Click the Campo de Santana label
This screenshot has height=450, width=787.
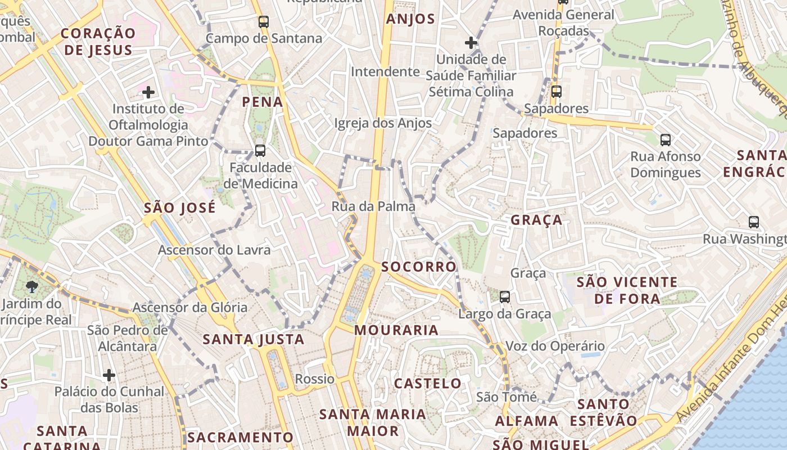pos(264,38)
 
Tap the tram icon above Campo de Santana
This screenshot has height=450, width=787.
pos(264,22)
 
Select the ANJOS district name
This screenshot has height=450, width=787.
pos(410,19)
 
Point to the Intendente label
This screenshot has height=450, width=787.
pos(385,71)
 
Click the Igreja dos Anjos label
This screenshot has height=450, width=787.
pos(383,123)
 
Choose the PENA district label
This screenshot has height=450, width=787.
pos(263,102)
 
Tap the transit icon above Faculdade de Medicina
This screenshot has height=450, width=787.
pos(260,151)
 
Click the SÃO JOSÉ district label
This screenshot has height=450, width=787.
pos(180,208)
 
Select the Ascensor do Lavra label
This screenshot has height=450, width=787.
pos(214,250)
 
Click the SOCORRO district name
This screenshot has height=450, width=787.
pos(419,267)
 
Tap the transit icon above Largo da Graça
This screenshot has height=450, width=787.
pos(505,296)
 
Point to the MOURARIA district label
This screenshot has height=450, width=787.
pos(396,330)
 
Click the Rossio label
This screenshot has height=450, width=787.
pos(315,379)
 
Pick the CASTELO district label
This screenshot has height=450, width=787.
pos(428,384)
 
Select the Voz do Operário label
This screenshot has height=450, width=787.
pos(555,346)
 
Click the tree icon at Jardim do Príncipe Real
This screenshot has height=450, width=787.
pos(32,287)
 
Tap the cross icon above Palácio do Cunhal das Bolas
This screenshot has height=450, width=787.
pos(109,375)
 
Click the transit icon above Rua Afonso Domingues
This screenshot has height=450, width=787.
pos(666,139)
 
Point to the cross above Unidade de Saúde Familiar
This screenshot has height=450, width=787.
pos(471,42)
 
